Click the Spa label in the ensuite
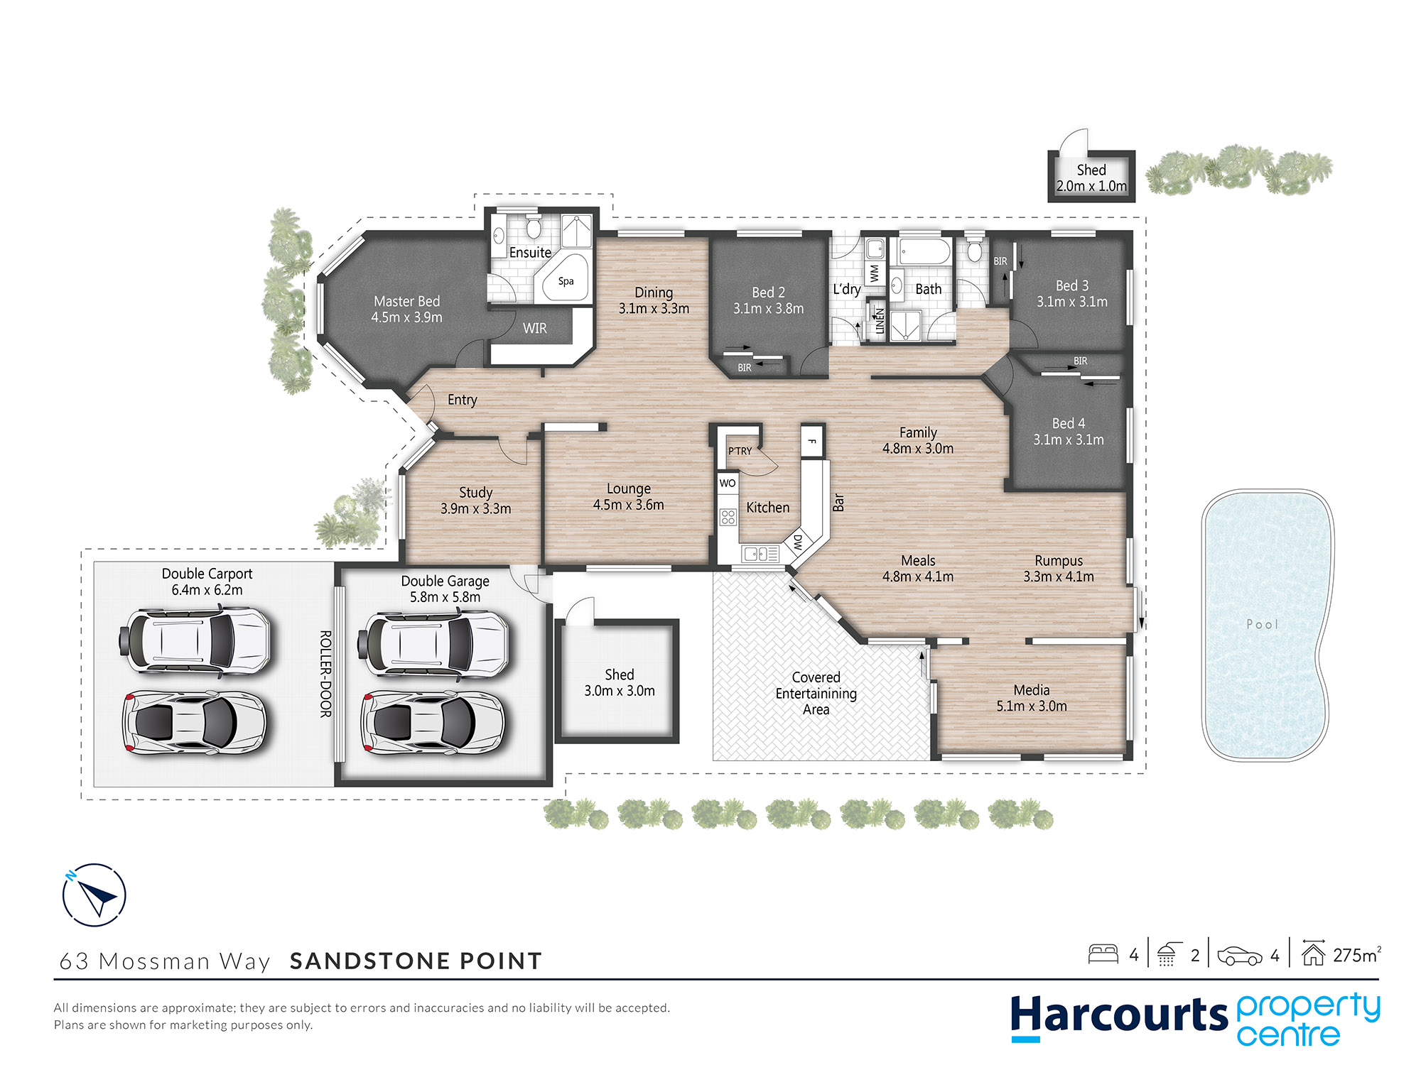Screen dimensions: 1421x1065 point(566,281)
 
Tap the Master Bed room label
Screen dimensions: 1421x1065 point(406,302)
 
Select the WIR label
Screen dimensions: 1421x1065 point(535,329)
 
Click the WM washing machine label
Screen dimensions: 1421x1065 point(875,273)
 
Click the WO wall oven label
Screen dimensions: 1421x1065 point(728,484)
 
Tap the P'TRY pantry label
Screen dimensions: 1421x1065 point(740,451)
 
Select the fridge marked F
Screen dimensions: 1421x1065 point(812,442)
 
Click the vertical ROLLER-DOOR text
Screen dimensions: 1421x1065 point(325,674)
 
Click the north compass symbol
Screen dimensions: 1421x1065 point(94,895)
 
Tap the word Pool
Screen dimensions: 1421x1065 point(1263,624)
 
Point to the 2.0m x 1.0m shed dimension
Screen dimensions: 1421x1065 point(1091,186)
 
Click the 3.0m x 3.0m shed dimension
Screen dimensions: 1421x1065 point(620,691)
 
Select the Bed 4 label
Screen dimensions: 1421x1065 point(1069,423)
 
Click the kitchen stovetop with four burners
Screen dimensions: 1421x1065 point(728,517)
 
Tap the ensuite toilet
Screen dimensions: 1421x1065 point(534,226)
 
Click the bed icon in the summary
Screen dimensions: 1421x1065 point(1103,954)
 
